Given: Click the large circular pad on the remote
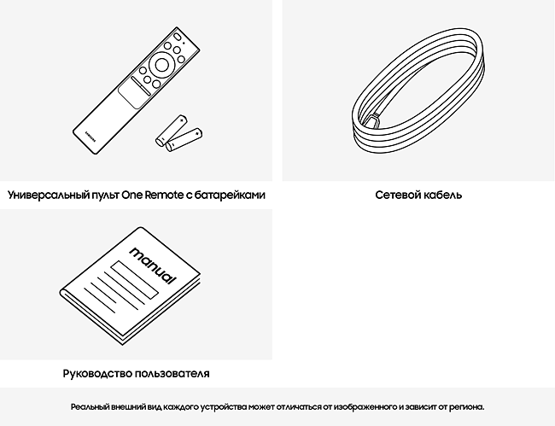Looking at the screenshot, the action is [x=161, y=65].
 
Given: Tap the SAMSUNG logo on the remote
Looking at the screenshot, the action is [x=91, y=137].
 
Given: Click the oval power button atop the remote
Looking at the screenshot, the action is [x=178, y=37].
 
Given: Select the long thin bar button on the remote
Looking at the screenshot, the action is [x=141, y=86].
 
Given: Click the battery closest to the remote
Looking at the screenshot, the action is [x=172, y=131].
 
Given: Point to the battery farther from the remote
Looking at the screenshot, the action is [x=184, y=140].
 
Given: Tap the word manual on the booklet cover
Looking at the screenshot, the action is [x=153, y=265].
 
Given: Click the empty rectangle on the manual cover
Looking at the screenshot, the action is [x=135, y=280].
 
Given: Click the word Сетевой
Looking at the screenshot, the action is [x=398, y=195].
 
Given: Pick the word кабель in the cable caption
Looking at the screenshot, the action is [x=442, y=195].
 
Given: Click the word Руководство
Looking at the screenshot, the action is [x=98, y=374].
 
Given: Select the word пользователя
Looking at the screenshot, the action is [x=172, y=374].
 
